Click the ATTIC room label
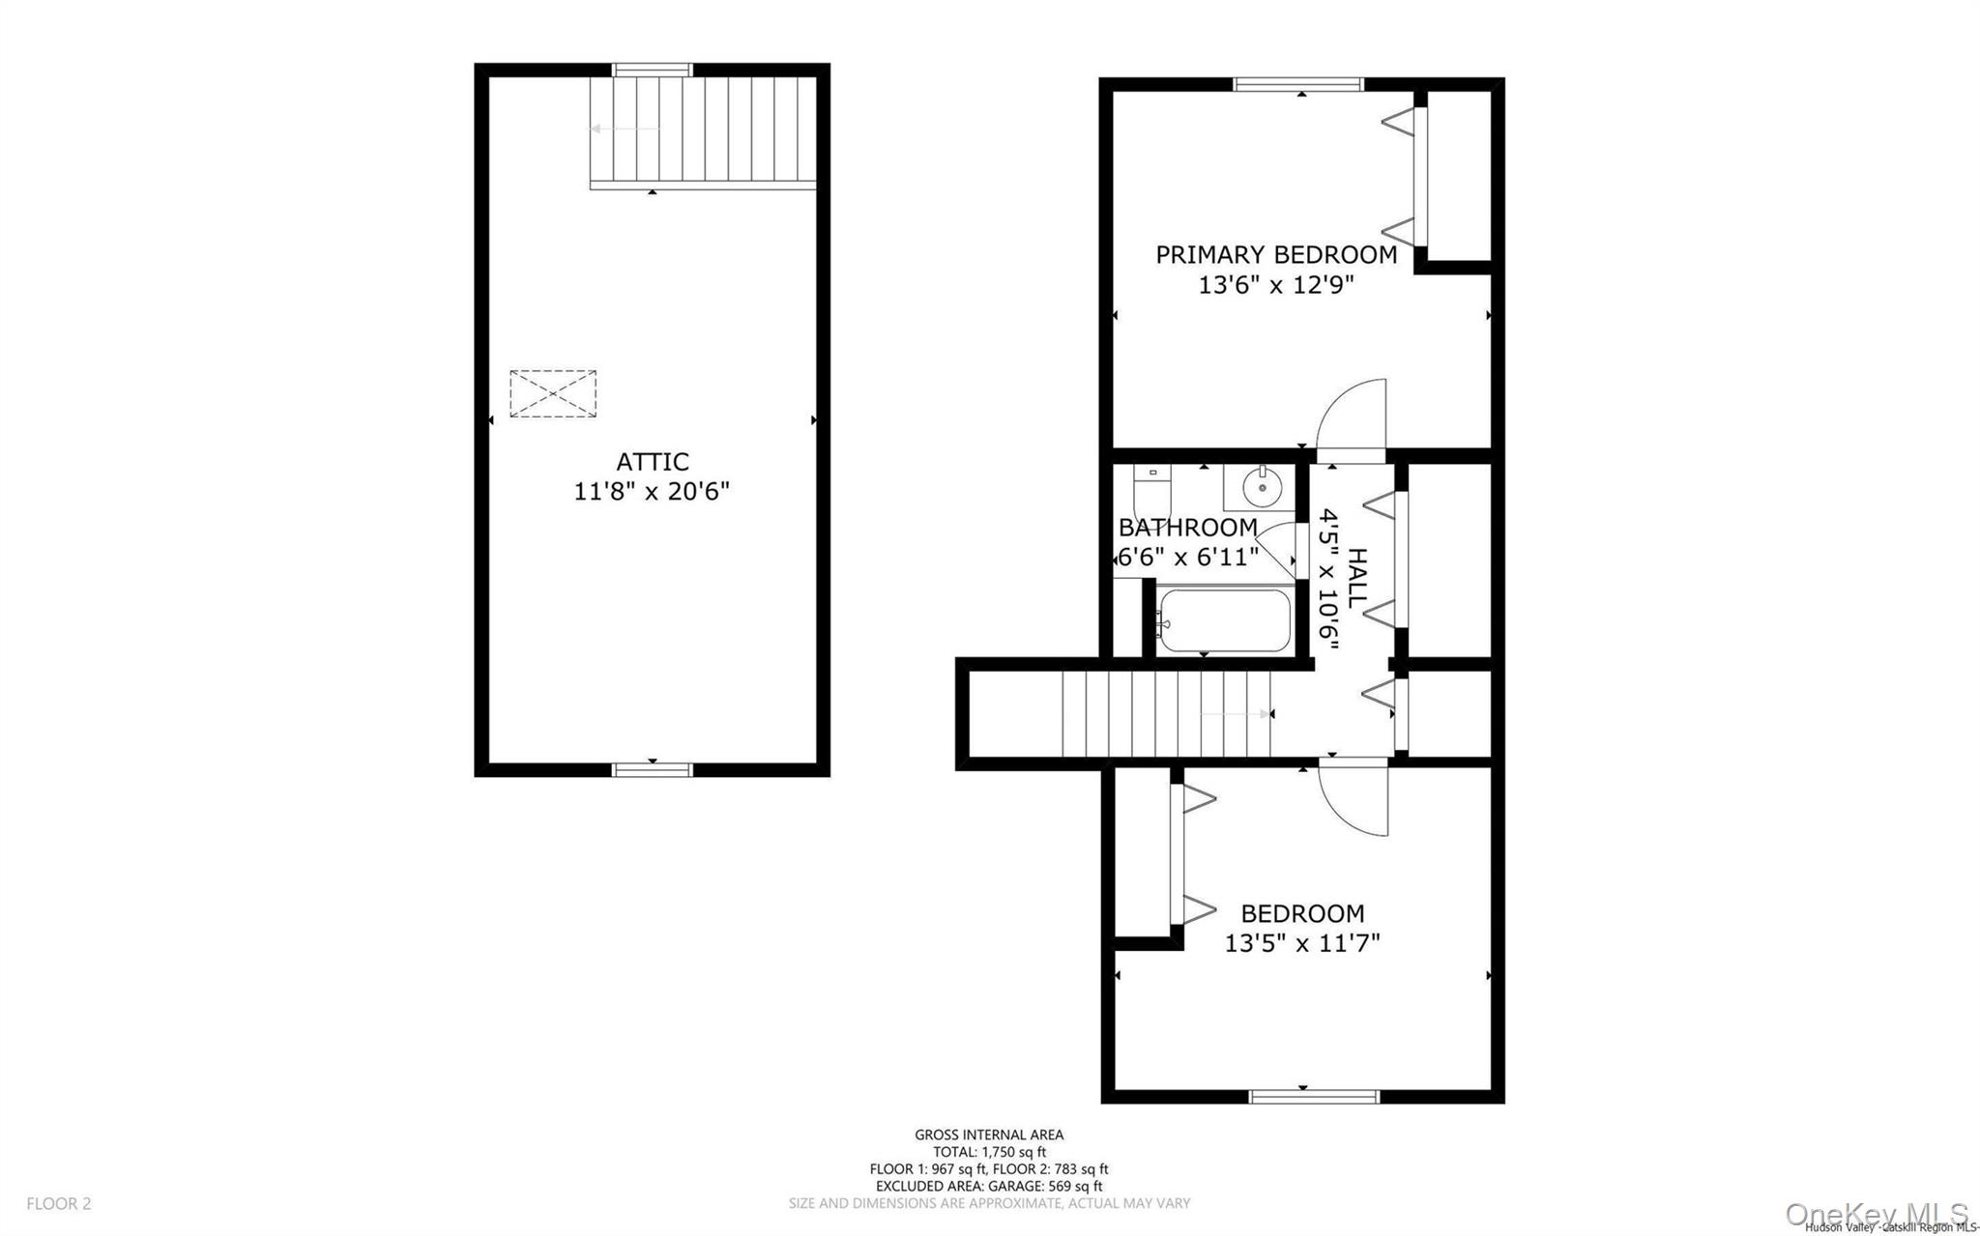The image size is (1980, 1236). (653, 462)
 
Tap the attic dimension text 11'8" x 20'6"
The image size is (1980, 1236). (652, 492)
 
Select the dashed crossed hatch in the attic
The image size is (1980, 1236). (553, 394)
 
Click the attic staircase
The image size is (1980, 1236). (704, 129)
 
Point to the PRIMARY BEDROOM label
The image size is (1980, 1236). (1276, 255)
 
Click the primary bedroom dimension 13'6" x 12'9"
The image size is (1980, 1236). (1276, 285)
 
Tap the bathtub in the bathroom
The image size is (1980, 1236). (1224, 621)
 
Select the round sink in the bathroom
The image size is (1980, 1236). (1262, 487)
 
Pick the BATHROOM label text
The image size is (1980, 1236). (1187, 528)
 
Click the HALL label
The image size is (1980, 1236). (1357, 578)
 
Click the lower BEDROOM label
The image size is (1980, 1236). (1302, 913)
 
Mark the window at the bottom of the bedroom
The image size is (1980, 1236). (1314, 1096)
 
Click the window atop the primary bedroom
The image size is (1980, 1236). (1298, 85)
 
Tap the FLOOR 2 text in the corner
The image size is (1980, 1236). (59, 1203)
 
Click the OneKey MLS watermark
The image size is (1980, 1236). (1876, 1214)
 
